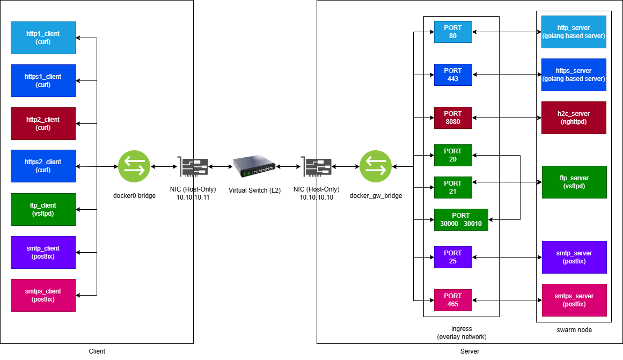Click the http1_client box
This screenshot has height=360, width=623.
[x=43, y=38]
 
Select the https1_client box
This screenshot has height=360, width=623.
[x=43, y=80]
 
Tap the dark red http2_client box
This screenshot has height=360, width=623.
[x=43, y=123]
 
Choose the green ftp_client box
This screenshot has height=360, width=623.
[x=43, y=209]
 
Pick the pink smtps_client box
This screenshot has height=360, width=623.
[x=43, y=295]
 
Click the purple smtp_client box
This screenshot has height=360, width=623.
[x=43, y=252]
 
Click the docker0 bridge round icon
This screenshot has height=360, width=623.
[x=134, y=166]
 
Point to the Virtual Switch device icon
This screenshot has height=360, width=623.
[x=254, y=166]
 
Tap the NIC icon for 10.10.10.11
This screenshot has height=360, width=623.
[x=193, y=167]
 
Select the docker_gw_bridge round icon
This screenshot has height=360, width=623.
[x=376, y=166]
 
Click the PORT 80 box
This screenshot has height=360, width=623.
[x=453, y=32]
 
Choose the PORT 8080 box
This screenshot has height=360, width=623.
[x=453, y=118]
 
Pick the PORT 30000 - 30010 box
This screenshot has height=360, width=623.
[x=461, y=219]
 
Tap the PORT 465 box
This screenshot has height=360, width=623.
[x=453, y=300]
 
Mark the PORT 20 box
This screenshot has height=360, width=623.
[x=453, y=155]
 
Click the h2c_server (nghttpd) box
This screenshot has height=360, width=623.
[x=574, y=117]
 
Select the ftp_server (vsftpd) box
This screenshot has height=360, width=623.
[x=574, y=182]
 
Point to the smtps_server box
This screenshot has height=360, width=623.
[x=574, y=300]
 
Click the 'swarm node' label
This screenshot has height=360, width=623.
[x=574, y=330]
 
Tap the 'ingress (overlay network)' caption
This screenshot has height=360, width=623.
[x=461, y=333]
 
